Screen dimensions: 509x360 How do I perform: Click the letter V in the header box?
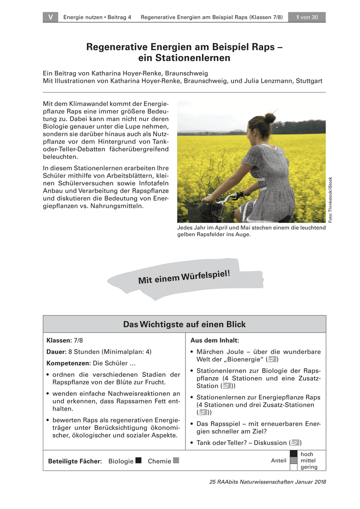coord(51,17)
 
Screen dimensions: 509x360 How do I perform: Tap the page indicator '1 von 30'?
coord(307,17)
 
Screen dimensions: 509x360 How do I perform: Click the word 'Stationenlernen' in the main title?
coord(184,58)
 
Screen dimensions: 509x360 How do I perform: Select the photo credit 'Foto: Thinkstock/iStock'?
coord(330,199)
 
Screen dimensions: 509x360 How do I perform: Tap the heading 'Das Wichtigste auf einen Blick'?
coord(184,324)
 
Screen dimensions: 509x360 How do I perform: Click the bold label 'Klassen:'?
coord(59,341)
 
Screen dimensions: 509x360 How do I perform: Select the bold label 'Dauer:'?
coord(56,352)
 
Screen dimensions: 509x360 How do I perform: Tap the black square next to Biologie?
coord(138,461)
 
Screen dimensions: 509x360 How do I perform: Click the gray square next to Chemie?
coord(176,461)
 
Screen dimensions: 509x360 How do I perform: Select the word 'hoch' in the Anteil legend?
coord(307,454)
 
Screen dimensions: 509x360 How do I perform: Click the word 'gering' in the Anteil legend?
coord(309,467)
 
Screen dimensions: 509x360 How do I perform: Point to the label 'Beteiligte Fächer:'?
coord(75,461)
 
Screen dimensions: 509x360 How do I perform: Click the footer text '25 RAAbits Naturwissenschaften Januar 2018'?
coord(267,482)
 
